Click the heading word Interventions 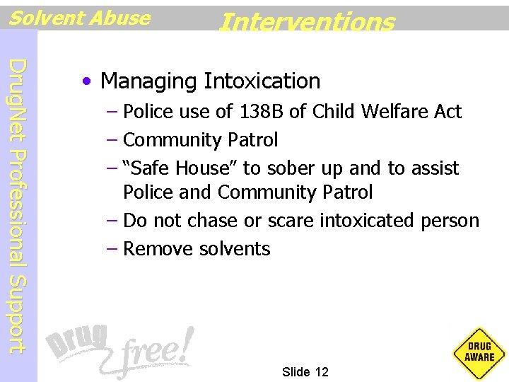[x=306, y=22]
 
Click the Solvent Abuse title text [x=79, y=18]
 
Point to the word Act [x=447, y=111]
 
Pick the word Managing [x=149, y=81]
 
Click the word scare [x=290, y=221]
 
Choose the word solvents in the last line [x=234, y=249]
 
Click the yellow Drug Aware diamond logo [x=479, y=352]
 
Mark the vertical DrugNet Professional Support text [x=19, y=205]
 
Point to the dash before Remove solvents [x=114, y=249]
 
